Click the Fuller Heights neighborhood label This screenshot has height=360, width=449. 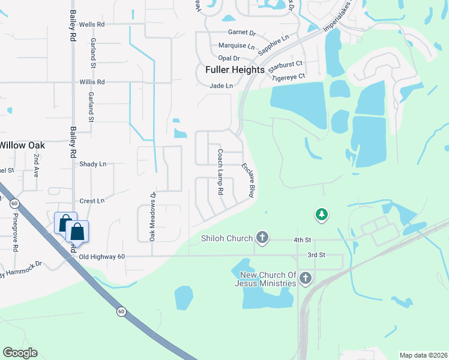click(235, 70)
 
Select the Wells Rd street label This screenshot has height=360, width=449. click(92, 25)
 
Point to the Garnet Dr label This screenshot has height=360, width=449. click(242, 34)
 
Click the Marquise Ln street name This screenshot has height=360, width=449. click(237, 46)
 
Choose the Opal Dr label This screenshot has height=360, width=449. click(229, 58)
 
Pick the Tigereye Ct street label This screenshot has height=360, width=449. click(289, 77)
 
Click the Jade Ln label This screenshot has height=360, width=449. click(221, 86)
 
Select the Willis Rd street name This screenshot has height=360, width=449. click(92, 82)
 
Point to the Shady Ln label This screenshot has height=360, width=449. click(92, 164)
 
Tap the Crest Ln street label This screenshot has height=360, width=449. click(92, 201)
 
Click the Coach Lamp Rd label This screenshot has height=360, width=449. click(220, 172)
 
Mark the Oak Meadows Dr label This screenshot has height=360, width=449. click(152, 217)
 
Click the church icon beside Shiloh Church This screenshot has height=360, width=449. click(262, 238)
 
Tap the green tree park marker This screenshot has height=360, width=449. click(322, 214)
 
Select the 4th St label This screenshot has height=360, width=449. click(302, 240)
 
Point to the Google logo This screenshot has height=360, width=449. click(20, 353)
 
